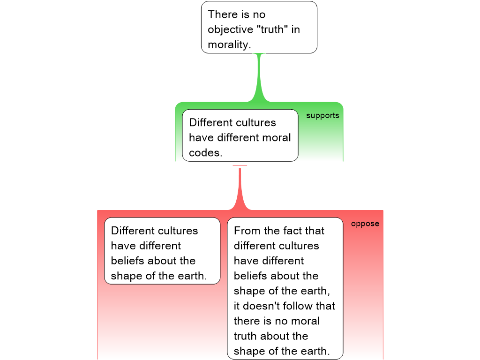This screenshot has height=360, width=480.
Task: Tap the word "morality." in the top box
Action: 229,45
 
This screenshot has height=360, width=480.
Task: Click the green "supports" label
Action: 322,116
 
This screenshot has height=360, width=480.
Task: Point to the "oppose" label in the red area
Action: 365,224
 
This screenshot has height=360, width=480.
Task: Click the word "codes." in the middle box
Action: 206,153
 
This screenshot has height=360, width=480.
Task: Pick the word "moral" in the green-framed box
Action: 276,138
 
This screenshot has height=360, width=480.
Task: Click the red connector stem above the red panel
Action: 240,189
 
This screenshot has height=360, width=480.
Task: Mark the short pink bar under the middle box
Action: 240,166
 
